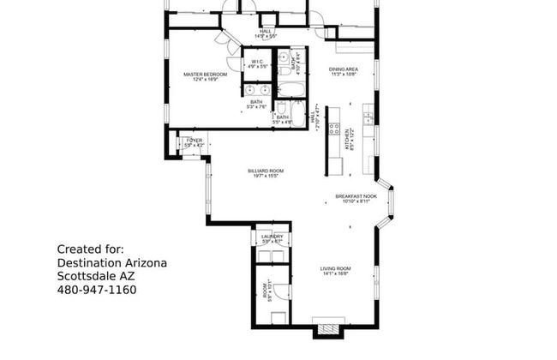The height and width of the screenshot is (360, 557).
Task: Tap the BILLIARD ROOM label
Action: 266,171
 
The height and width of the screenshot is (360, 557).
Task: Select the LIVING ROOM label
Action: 333,268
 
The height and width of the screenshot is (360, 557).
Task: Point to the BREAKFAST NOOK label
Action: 356,196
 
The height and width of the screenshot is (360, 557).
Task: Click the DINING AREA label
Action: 344,69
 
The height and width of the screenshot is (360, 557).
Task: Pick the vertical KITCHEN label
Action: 349,140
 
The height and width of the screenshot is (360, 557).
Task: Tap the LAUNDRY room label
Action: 273,236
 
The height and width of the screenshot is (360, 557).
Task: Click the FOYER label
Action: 195,140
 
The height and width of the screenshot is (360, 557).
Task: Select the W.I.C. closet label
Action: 257,61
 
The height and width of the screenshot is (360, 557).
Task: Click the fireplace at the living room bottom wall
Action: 326,330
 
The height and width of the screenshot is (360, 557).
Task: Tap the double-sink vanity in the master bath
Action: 256,89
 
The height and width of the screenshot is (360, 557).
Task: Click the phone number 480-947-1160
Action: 96,290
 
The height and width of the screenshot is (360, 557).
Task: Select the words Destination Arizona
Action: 111,262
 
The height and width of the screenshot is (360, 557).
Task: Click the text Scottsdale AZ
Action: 96,276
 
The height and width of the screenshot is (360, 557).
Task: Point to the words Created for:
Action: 90,249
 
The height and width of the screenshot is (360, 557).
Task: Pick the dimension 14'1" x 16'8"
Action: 333,274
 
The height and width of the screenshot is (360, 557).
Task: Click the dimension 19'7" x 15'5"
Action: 266,177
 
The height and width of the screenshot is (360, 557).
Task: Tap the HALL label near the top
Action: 266,32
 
